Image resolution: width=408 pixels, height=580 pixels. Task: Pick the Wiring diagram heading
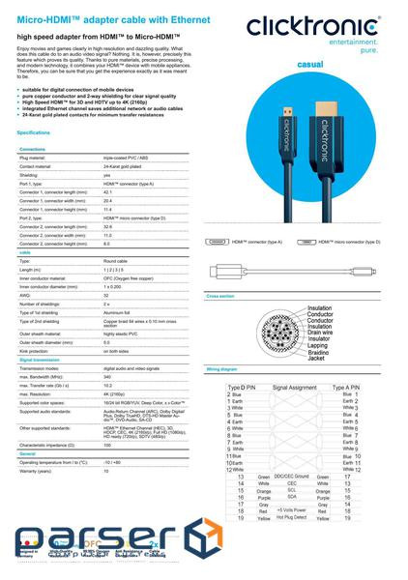tap(222, 368)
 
